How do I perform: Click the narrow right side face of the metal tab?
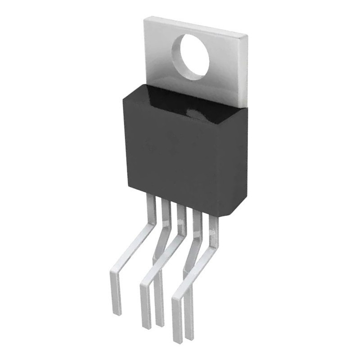(x=244, y=72)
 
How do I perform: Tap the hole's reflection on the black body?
(x=198, y=115)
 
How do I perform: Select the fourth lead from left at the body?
(x=197, y=219)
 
